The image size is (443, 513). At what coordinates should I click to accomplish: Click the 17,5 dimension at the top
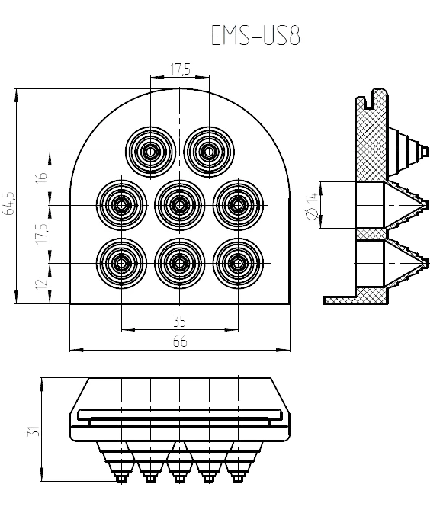click(180, 69)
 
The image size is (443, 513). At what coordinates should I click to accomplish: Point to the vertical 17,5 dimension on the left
click(43, 232)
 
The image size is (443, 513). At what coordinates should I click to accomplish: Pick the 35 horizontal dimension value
click(180, 321)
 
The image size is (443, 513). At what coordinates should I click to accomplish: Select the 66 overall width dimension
click(180, 342)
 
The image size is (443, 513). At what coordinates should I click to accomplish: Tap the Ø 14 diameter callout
click(311, 207)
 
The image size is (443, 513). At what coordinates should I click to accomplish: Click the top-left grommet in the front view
click(151, 151)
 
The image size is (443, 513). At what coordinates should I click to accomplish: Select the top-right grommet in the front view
click(209, 151)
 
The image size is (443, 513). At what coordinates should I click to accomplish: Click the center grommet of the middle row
click(180, 204)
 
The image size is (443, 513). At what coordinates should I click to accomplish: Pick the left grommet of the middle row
click(121, 204)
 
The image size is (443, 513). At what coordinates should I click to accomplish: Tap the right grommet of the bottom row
click(238, 263)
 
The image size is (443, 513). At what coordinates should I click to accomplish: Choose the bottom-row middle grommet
click(180, 263)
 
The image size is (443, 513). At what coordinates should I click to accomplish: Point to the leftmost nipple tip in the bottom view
click(120, 478)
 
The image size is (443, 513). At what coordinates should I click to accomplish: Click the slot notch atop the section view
click(373, 97)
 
